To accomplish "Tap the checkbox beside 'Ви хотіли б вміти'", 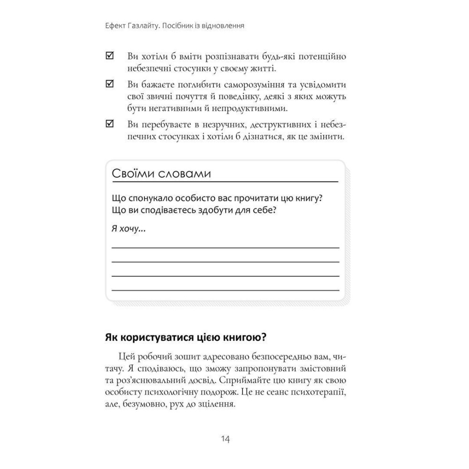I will tap(110, 56).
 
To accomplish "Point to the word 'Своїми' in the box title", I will tap(133, 174).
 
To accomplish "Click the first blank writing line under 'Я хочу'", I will tap(225, 247).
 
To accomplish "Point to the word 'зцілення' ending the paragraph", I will tap(219, 403).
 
